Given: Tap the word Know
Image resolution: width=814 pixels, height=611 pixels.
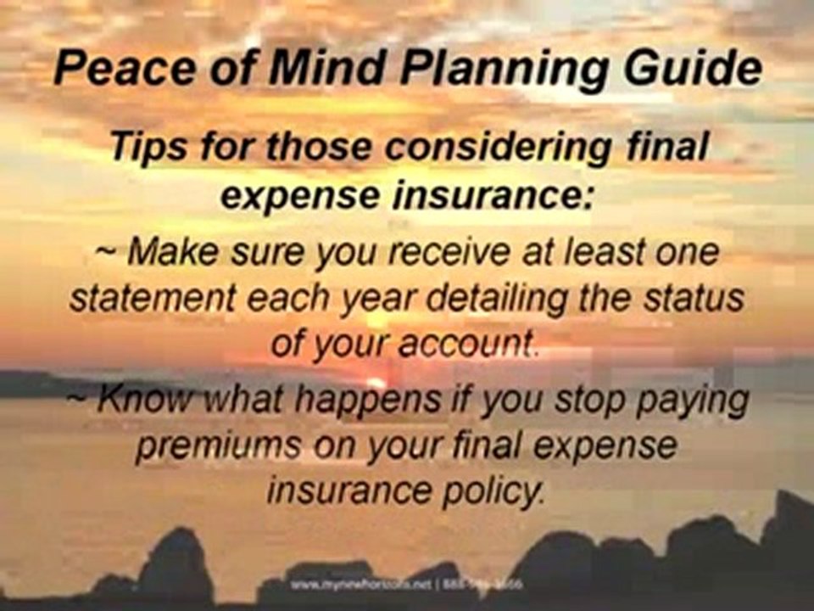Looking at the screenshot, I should point(140,399).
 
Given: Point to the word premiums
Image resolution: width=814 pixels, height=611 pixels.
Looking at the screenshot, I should point(207,446).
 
